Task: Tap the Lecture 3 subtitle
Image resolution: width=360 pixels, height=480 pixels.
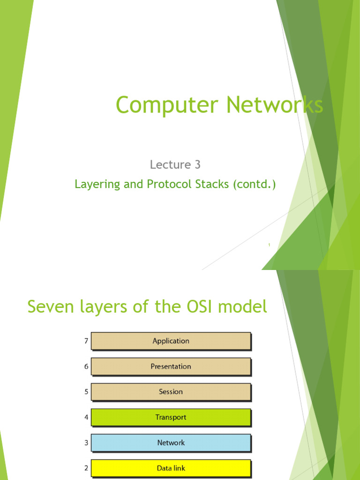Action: (x=175, y=165)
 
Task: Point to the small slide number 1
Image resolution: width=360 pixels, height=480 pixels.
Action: (x=270, y=245)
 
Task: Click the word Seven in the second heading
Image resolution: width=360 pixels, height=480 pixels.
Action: (x=49, y=307)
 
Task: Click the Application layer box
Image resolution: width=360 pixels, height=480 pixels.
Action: (x=171, y=341)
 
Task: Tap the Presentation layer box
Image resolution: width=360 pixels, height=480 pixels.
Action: (x=171, y=367)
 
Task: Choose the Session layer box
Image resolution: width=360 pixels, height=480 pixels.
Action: (x=171, y=392)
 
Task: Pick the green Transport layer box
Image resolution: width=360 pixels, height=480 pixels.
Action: (x=171, y=417)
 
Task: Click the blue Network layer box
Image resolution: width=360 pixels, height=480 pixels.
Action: (x=171, y=442)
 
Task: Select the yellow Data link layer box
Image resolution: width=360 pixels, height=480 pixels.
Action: (x=171, y=468)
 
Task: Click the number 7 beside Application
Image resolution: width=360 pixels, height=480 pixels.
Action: (x=86, y=341)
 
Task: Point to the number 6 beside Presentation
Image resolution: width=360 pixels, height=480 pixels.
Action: (x=86, y=367)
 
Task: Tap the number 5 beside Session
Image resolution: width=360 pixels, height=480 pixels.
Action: (x=86, y=392)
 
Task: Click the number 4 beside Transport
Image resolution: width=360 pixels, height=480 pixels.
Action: (x=86, y=417)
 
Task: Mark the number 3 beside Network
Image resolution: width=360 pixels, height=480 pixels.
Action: (x=86, y=442)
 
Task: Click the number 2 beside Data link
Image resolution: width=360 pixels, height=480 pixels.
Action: (x=86, y=468)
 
